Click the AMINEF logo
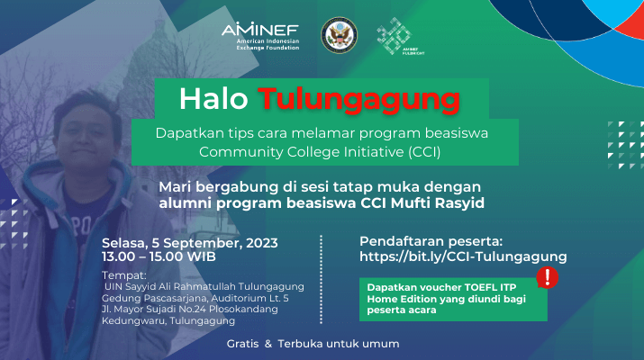click(260, 36)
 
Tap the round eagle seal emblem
click(339, 35)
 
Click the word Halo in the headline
click(213, 99)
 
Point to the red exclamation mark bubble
click(547, 278)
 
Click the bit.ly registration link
click(463, 256)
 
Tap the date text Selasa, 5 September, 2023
click(190, 243)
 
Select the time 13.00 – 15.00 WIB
click(159, 257)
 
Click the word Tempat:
click(124, 275)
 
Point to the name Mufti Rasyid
click(438, 202)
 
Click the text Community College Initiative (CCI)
click(320, 152)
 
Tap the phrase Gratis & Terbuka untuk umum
click(313, 344)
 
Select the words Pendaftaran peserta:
click(431, 241)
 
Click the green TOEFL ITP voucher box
click(453, 299)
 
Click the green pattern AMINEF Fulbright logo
click(400, 36)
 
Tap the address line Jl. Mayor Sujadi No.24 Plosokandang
click(190, 309)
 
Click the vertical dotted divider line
click(321, 279)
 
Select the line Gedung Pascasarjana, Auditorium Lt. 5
click(195, 298)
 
